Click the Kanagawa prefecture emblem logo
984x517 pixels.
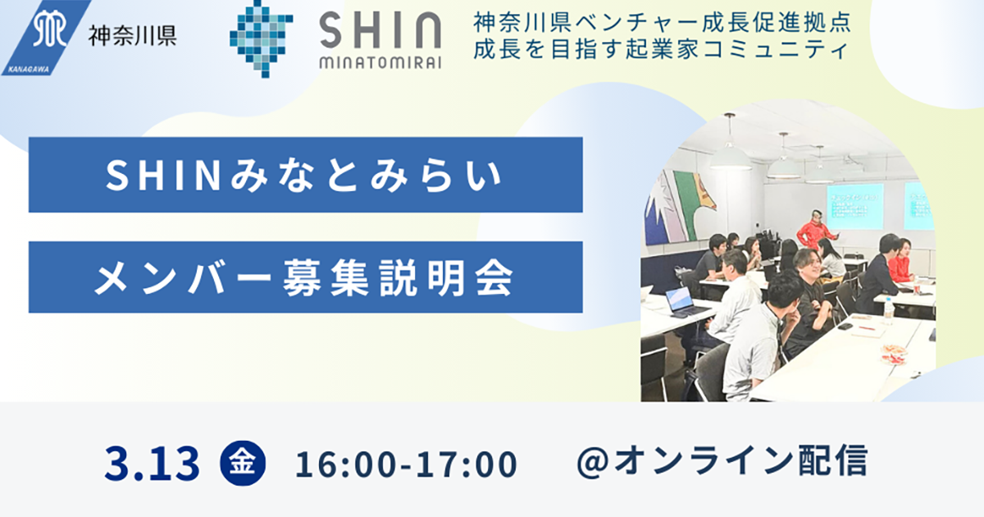[x=46, y=38]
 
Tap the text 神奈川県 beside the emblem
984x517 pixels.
[x=133, y=35]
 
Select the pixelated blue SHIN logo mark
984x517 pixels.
[x=261, y=39]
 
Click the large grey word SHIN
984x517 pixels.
[x=380, y=30]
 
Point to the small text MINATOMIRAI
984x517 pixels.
[x=380, y=63]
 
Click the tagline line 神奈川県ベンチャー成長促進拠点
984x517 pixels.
[x=663, y=22]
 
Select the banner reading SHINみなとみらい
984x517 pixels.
[x=306, y=175]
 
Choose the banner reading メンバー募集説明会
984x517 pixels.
[x=306, y=277]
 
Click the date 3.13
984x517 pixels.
[x=152, y=464]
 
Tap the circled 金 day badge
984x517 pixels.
[x=243, y=463]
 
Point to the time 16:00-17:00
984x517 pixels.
[x=407, y=464]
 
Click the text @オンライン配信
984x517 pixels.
[x=722, y=461]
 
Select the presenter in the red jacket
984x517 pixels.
[x=815, y=230]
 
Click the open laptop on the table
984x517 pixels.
[x=681, y=302]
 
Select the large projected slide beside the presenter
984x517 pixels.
[x=854, y=206]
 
